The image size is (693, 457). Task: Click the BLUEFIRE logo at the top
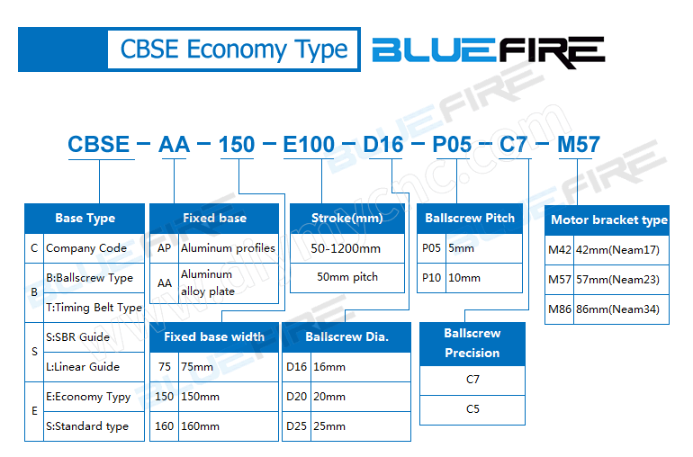488,51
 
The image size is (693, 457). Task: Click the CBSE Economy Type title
233,49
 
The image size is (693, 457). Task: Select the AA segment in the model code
174,144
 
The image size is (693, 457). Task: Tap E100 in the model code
309,144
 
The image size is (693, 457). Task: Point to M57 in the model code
579,144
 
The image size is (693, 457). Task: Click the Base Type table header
85,218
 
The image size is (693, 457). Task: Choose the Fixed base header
214,218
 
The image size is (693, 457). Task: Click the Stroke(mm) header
346,218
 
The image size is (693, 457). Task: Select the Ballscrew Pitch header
470,218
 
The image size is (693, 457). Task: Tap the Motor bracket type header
608,220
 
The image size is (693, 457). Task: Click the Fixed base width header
214,337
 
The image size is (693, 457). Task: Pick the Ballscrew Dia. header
346,337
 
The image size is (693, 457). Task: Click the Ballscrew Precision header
472,343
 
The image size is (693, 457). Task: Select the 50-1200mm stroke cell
347,248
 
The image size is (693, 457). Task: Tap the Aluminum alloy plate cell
228,282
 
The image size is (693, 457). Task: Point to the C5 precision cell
472,409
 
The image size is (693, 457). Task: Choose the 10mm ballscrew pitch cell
482,278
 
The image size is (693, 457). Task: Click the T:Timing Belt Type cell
94,308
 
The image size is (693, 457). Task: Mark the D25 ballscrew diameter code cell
297,426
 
